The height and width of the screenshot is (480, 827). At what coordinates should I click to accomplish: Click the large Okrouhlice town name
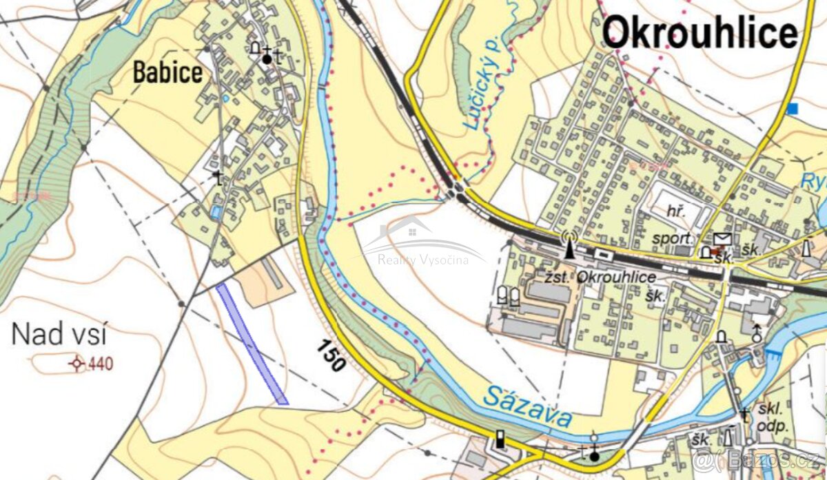[x=700, y=32]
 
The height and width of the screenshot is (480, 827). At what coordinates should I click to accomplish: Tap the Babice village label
[x=168, y=72]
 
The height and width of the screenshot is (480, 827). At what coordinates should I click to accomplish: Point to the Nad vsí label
[x=59, y=335]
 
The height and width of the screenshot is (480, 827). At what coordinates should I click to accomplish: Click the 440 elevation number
[x=101, y=363]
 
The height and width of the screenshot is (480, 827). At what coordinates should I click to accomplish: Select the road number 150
[x=331, y=356]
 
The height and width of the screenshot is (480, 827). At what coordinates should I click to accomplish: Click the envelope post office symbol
[x=722, y=239]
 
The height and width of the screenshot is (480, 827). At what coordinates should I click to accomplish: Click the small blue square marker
[x=793, y=108]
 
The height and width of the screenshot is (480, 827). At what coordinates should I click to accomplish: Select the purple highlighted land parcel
[x=252, y=343]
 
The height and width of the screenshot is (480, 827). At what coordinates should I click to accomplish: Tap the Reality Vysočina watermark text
[x=423, y=260]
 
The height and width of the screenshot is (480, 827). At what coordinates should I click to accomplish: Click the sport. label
[x=673, y=239]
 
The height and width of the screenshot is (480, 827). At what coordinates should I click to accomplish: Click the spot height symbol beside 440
[x=76, y=363]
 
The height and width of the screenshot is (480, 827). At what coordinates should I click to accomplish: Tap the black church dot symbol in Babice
[x=267, y=60]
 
